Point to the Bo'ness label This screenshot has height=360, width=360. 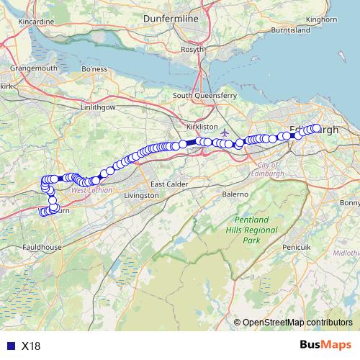pyautogui.click(x=95, y=69)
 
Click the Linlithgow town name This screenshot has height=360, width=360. pyautogui.click(x=97, y=107)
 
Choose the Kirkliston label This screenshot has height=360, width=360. pyautogui.click(x=202, y=126)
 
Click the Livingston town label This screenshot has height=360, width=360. pyautogui.click(x=141, y=195)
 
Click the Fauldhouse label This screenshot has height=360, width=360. pyautogui.click(x=40, y=246)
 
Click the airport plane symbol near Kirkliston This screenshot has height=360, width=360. pyautogui.click(x=225, y=132)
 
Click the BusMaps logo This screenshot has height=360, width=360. pyautogui.click(x=327, y=346)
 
